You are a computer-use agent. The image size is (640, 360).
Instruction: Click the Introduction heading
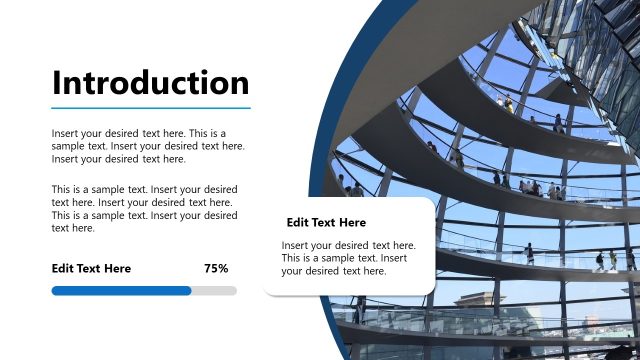pyautogui.click(x=150, y=82)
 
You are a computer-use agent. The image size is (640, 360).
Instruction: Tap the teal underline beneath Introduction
pyautogui.click(x=150, y=107)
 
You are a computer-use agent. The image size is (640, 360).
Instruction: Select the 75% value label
pyautogui.click(x=216, y=268)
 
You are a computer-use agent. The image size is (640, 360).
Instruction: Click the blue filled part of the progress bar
pyautogui.click(x=120, y=291)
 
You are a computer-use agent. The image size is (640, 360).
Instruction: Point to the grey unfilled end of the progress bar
pyautogui.click(x=215, y=291)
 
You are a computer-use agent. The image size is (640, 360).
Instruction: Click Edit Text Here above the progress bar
pyautogui.click(x=91, y=268)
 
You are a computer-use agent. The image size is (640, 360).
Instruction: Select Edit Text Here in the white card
pyautogui.click(x=326, y=222)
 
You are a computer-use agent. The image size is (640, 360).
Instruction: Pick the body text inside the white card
pyautogui.click(x=348, y=258)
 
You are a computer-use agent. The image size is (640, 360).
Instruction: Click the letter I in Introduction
pyautogui.click(x=57, y=82)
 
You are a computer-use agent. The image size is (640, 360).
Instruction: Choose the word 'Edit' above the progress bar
pyautogui.click(x=63, y=268)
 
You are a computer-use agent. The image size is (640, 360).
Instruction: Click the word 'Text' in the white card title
pyautogui.click(x=322, y=222)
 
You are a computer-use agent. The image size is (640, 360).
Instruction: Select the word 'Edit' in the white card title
pyautogui.click(x=297, y=222)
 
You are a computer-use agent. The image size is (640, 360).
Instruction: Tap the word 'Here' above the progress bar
pyautogui.click(x=117, y=268)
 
